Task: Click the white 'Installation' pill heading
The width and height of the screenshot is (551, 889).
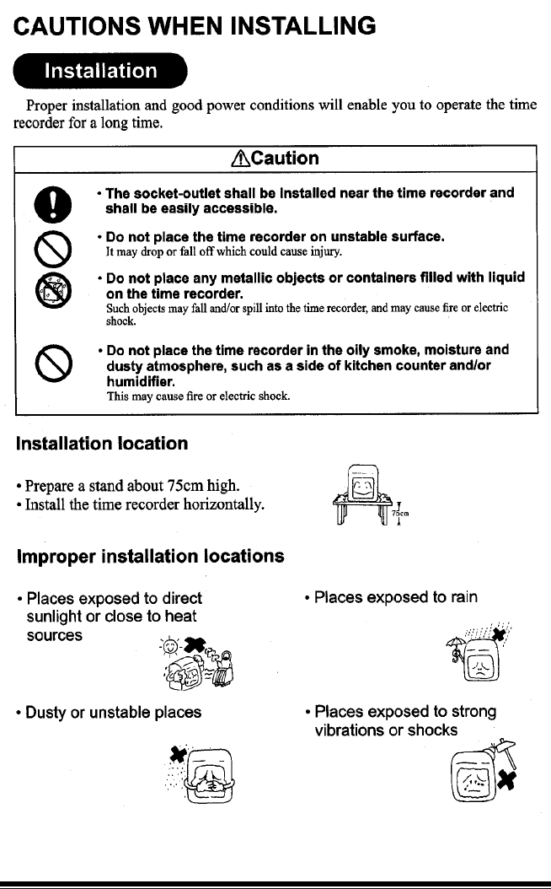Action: coord(100,71)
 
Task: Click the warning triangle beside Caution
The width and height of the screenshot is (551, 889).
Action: coord(242,159)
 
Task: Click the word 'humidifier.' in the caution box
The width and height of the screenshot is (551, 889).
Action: coord(141,380)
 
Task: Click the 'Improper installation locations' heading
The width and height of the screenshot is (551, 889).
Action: coord(147,557)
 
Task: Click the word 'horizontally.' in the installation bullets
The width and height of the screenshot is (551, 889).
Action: coord(222,505)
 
